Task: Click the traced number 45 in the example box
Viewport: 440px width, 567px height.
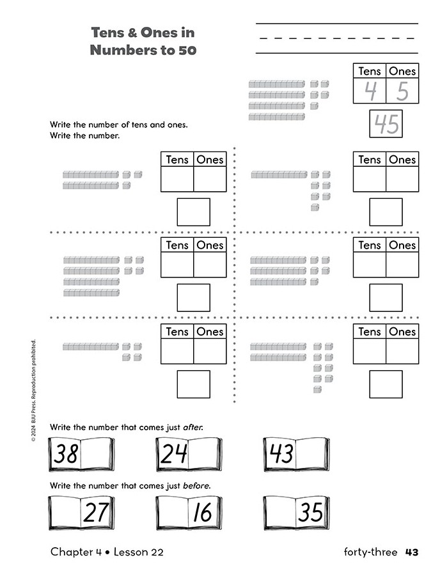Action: pos(386,123)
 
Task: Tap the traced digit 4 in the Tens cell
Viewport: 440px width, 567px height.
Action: pos(370,91)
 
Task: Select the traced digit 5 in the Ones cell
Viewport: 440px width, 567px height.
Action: pos(402,91)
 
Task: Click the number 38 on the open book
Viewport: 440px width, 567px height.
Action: pos(66,453)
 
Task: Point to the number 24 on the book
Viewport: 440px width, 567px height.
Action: pos(174,453)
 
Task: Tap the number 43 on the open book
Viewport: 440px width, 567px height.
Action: pos(281,453)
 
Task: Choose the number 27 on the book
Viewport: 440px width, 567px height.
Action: pos(96,512)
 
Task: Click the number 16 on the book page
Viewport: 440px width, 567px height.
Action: pos(203,512)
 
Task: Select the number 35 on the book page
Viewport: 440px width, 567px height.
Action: pos(310,512)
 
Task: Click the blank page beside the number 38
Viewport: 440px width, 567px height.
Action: pos(95,453)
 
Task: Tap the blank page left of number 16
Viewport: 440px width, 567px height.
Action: pos(173,512)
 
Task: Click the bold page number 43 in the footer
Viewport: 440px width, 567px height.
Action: pos(412,552)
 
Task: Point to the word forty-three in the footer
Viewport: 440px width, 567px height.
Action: pos(370,552)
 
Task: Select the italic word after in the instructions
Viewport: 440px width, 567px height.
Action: pos(193,427)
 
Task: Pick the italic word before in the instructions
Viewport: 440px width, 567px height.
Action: pos(196,485)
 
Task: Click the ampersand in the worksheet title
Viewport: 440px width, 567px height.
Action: pos(132,33)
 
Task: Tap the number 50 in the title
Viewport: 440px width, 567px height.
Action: pos(187,50)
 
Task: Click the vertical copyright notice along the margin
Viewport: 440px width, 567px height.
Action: pos(33,391)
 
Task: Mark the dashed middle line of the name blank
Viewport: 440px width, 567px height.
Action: pos(337,38)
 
